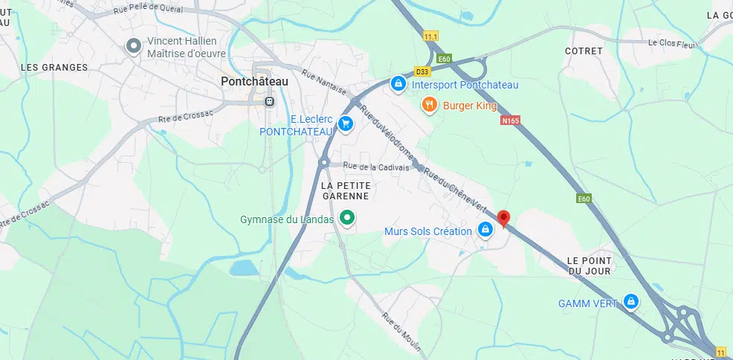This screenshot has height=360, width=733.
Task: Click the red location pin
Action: pos(504,218)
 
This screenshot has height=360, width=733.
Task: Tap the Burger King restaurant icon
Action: pos(429,105)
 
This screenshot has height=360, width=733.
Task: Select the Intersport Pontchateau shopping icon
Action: pos(398,83)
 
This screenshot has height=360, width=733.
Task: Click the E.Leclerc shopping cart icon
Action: pos(345,124)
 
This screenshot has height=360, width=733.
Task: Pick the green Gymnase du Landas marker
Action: pos(346,218)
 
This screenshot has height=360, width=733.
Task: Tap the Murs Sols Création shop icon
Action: pos(485,230)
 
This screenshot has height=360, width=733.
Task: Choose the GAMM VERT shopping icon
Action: pos(631,301)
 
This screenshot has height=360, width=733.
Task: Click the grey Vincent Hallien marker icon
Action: pos(134,46)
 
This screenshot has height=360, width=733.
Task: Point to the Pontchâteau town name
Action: pos(255,81)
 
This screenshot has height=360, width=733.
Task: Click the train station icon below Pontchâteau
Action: pos(269,101)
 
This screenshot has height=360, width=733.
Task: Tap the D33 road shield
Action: pos(422,72)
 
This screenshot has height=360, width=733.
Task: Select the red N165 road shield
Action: pos(510,120)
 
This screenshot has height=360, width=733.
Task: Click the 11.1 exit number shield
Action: pos(430,36)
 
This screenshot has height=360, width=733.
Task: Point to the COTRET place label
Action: pos(583,51)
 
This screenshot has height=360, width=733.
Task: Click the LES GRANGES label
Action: pos(54,67)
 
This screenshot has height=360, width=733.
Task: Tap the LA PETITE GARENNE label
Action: pos(346,190)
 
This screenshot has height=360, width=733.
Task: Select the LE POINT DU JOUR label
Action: pos(588,266)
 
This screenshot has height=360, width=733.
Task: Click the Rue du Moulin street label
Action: pos(401,332)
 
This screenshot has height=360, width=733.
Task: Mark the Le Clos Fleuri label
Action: pos(673,42)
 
